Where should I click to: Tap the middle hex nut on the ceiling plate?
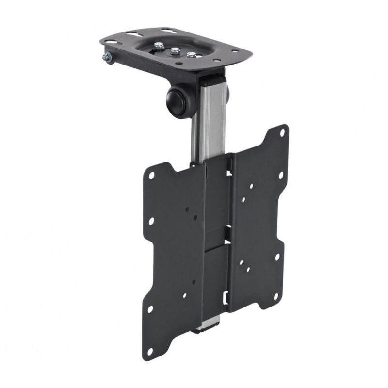coord(174,50)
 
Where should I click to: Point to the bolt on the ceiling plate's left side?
coord(106,58)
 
